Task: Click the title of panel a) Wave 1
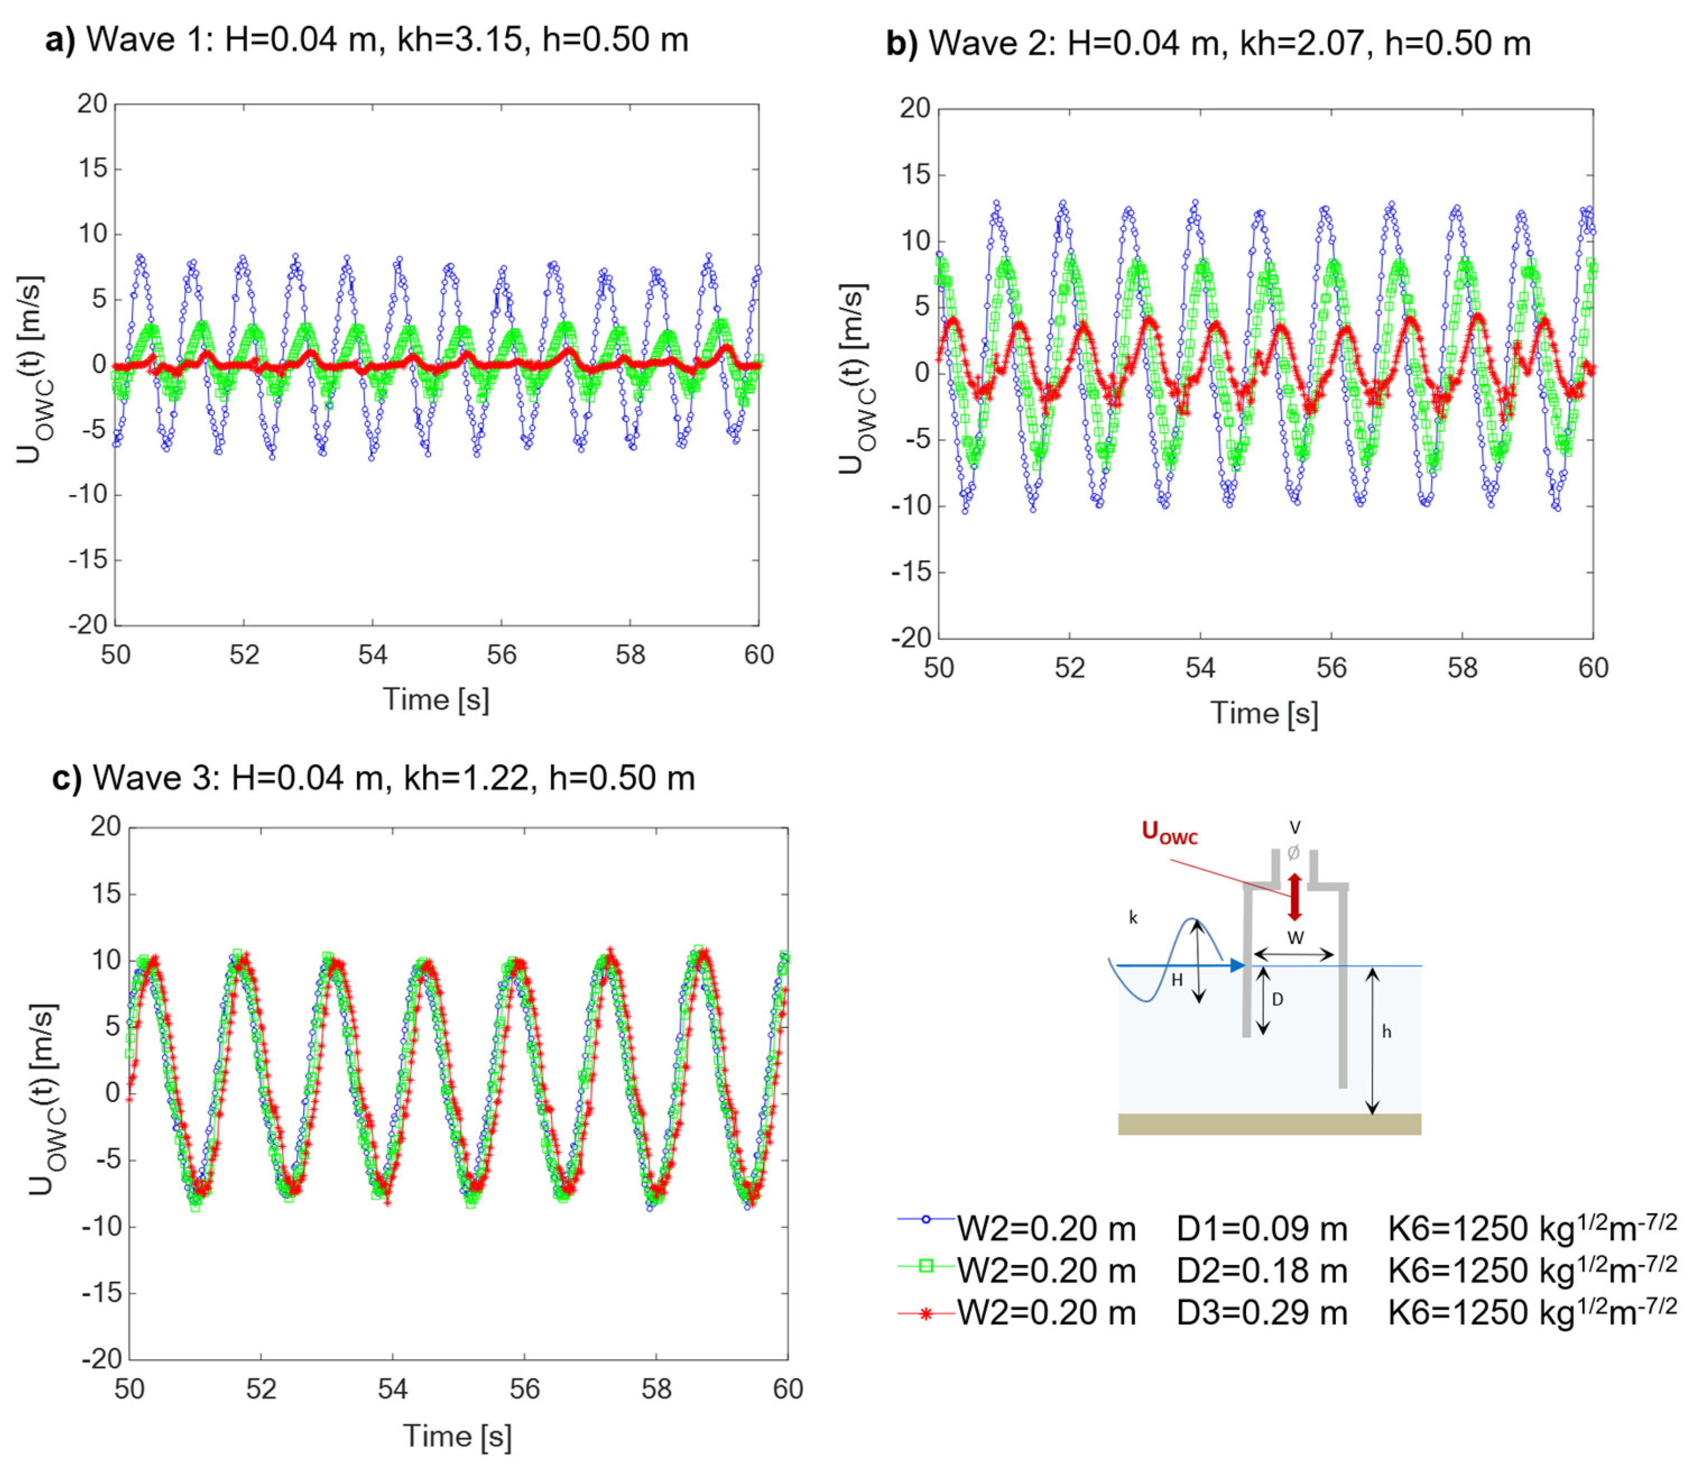click(x=367, y=39)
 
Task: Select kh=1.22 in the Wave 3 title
click(x=466, y=778)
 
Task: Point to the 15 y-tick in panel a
click(x=93, y=169)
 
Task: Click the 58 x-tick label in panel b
click(x=1462, y=668)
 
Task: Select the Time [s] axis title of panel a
click(x=436, y=700)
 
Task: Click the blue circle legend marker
click(x=926, y=1220)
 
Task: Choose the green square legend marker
click(x=926, y=1266)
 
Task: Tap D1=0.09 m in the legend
click(x=1261, y=1228)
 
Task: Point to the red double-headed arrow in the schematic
click(x=1294, y=896)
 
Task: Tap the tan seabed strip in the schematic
click(x=1269, y=1124)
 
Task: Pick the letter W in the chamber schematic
click(x=1294, y=937)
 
